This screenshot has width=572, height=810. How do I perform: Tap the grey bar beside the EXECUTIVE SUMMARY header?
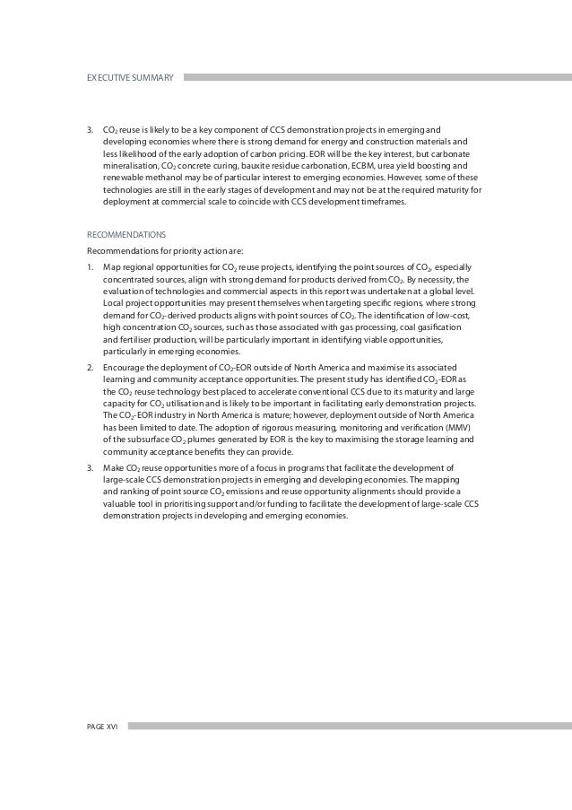coord(377,78)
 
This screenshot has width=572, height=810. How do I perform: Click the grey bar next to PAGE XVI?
coord(350,725)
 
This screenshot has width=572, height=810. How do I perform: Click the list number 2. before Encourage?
coord(91,367)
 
